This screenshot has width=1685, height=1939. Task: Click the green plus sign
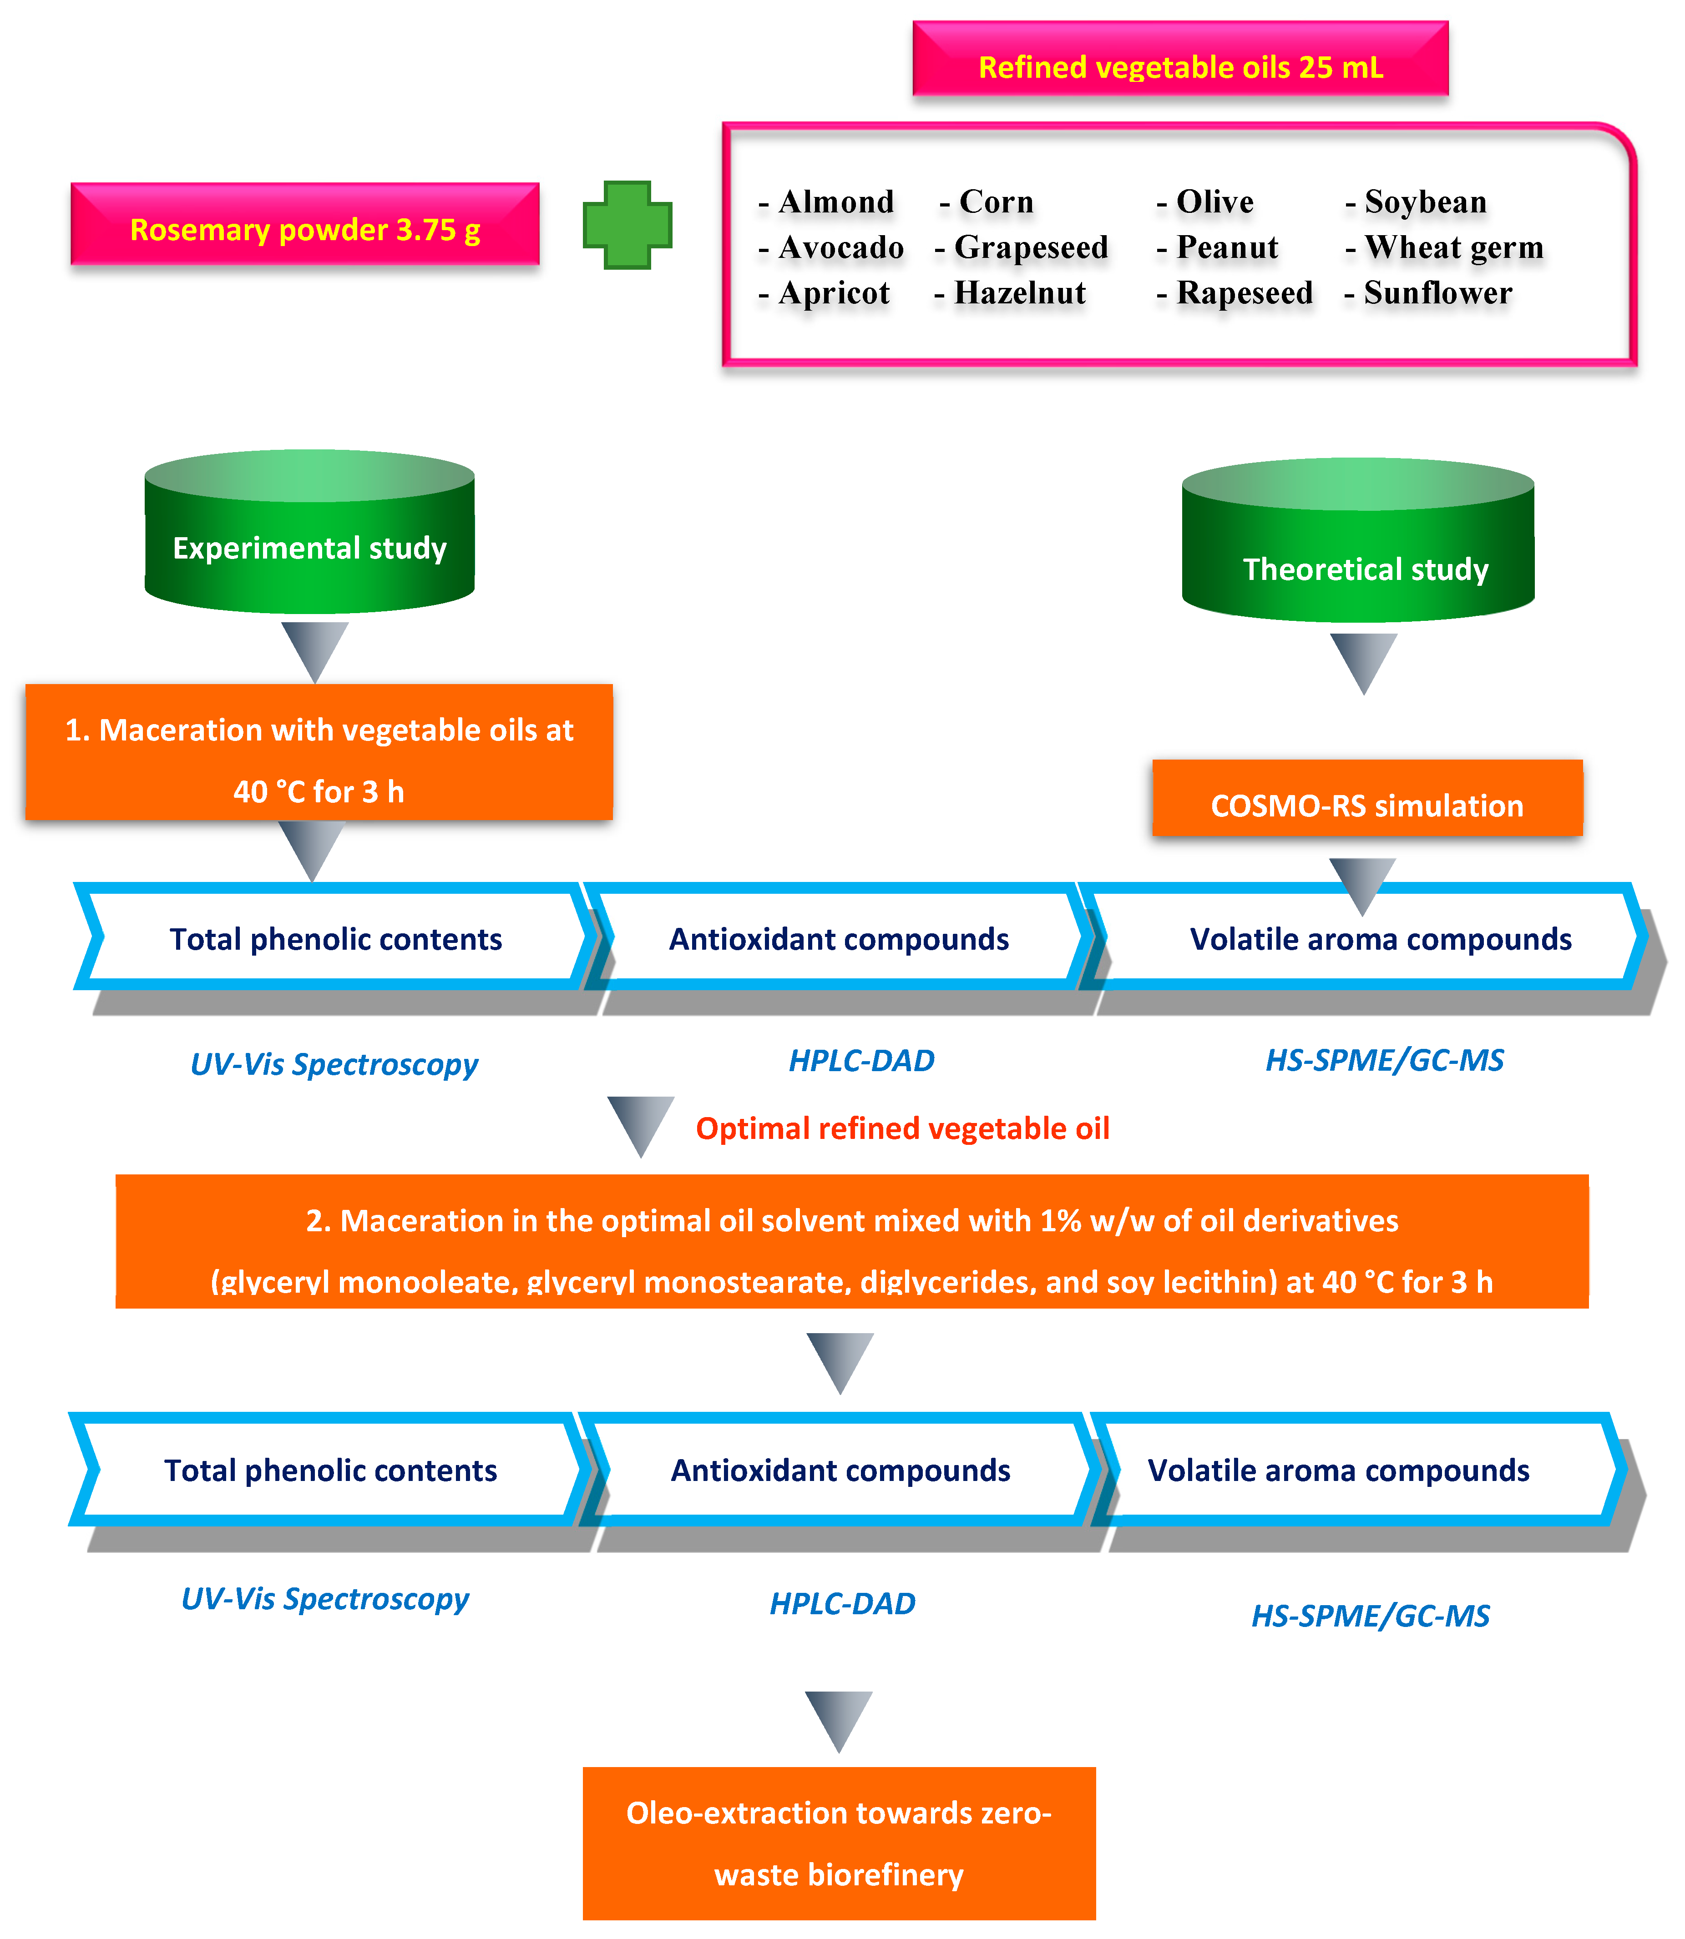pyautogui.click(x=627, y=226)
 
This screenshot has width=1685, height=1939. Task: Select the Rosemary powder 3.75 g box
pyautogui.click(x=305, y=226)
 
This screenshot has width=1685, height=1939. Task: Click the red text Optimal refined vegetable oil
pyautogui.click(x=902, y=1128)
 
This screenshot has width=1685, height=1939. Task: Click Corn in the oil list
pyautogui.click(x=995, y=202)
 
